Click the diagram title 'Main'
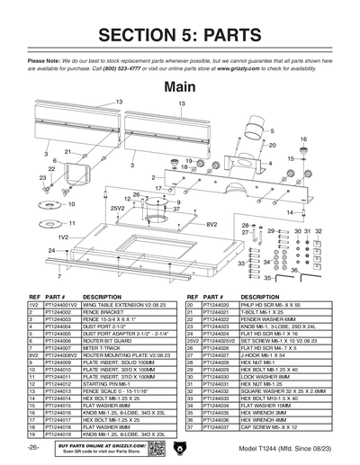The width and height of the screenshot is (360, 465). pyautogui.click(x=180, y=87)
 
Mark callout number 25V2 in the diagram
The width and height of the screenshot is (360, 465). pyautogui.click(x=116, y=208)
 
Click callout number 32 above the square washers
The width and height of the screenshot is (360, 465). pyautogui.click(x=318, y=231)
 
